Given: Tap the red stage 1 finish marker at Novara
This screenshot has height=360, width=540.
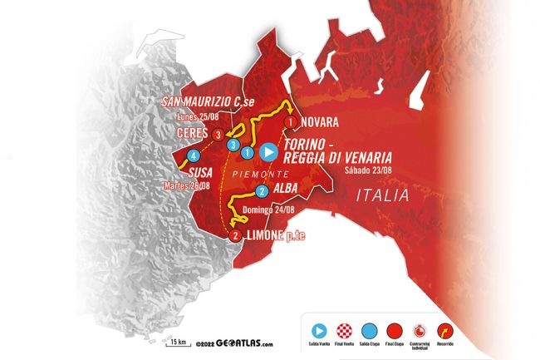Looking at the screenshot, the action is coord(290,121).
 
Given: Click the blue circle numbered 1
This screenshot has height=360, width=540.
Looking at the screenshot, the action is coord(247,152).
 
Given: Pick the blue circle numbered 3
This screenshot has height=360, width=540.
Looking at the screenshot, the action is coord(233,145).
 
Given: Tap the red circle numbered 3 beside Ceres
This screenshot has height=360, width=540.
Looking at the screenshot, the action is coord(218,134).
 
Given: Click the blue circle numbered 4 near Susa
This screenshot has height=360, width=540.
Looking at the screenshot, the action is coord(193,155).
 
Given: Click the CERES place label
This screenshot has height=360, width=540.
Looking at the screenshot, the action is coord(191,134).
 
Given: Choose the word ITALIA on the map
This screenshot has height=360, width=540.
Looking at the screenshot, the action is coord(382,196).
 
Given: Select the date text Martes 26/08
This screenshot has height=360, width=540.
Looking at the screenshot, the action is coord(187,185).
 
